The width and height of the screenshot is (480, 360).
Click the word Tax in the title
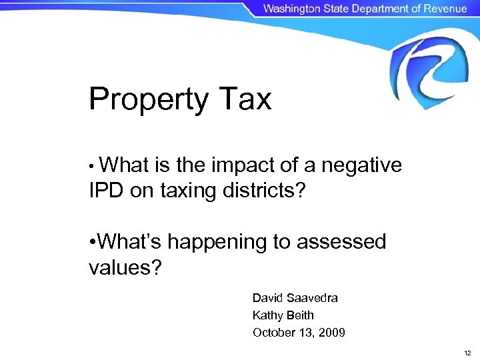(244, 99)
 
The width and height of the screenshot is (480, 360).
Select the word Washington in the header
(291, 9)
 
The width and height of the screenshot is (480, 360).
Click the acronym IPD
(107, 191)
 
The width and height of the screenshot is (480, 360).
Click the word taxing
(188, 191)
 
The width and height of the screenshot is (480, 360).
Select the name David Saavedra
(295, 298)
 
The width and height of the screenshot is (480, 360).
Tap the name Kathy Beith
(283, 315)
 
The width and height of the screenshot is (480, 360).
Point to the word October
(273, 332)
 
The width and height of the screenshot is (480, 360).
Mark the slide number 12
(467, 352)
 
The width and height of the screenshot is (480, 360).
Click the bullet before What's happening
(92, 242)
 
